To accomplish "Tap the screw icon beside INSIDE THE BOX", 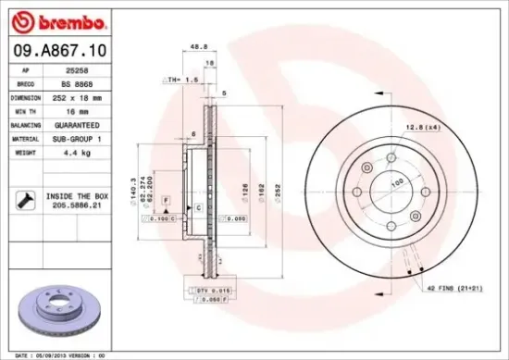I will pyautogui.click(x=27, y=198).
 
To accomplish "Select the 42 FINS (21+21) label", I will pyautogui.click(x=453, y=289).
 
